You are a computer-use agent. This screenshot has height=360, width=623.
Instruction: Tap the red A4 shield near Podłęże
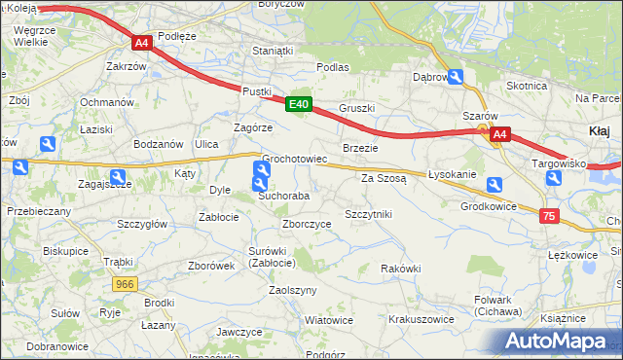click(141, 43)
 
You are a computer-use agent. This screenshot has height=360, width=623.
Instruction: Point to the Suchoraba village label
click(283, 196)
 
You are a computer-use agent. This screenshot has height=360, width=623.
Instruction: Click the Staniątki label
click(273, 51)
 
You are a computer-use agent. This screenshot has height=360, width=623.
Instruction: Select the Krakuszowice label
click(421, 318)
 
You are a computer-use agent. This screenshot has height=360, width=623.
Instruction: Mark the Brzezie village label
click(360, 147)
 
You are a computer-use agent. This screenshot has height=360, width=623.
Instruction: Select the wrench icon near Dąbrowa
click(456, 77)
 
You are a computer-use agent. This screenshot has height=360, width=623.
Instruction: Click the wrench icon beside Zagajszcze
click(117, 178)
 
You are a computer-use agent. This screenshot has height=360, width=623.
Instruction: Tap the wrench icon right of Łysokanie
click(495, 185)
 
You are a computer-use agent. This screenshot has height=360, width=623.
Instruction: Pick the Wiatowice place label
click(328, 319)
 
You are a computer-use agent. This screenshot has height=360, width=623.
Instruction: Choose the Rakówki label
click(400, 269)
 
